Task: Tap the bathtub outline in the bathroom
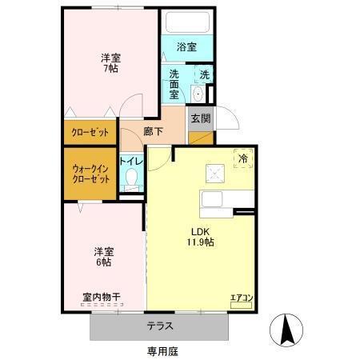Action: (x=186, y=23)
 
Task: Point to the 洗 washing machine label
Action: (x=204, y=74)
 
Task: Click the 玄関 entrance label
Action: (x=201, y=118)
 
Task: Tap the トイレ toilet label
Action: (x=131, y=160)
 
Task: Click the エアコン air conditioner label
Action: (x=242, y=299)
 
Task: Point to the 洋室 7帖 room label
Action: (x=110, y=64)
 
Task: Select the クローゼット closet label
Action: (x=90, y=133)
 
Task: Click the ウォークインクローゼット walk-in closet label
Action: (x=90, y=174)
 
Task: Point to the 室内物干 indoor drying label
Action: (x=101, y=296)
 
